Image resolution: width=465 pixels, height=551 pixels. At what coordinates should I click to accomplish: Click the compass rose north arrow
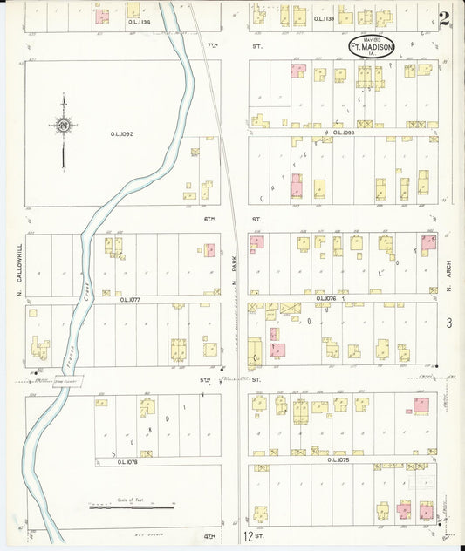63,128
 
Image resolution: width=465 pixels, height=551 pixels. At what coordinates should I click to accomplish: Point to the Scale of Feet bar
131,506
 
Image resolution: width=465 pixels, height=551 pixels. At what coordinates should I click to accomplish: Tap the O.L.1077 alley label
131,298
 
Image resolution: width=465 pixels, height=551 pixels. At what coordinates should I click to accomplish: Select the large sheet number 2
444,17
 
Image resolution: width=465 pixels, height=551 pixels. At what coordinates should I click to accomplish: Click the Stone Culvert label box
66,381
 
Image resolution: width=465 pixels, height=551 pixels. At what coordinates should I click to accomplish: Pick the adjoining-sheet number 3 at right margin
448,323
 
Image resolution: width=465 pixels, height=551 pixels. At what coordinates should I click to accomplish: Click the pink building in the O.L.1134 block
102,17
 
